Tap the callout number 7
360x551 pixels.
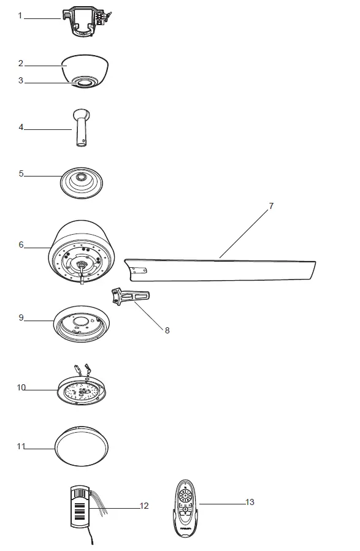[x=270, y=206]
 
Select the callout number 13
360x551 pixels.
[x=250, y=503]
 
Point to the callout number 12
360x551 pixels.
[x=144, y=506]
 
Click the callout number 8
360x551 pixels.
[x=167, y=330]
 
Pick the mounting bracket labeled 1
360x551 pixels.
[x=85, y=21]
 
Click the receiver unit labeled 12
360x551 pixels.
[x=80, y=506]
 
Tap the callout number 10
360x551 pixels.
[x=21, y=387]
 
